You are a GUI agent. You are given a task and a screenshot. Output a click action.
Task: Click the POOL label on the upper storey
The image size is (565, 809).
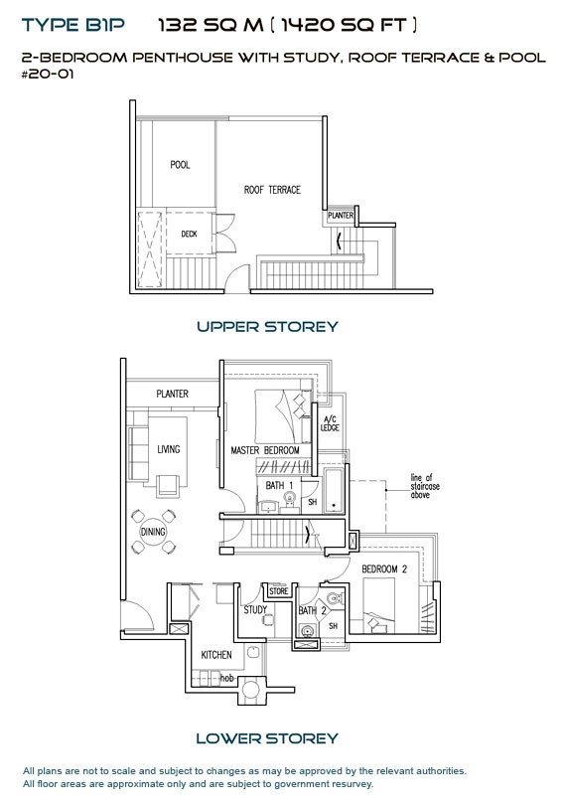coord(180,165)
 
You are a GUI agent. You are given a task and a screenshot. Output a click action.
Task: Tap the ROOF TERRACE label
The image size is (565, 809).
coord(272,190)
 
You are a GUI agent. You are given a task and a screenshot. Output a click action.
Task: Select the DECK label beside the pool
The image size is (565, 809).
coord(189,235)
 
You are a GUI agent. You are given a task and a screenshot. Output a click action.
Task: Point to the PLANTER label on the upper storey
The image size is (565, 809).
coord(340,216)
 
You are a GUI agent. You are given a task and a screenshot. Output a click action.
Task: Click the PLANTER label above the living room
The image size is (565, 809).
coord(172,395)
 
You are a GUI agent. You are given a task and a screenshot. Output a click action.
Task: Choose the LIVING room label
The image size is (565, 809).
coord(169,450)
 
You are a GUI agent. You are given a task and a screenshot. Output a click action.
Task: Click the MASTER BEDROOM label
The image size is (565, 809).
coord(265,451)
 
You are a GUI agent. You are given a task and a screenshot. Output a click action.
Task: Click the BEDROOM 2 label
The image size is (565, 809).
coord(385,568)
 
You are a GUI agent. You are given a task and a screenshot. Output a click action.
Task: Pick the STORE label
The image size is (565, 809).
coord(278,591)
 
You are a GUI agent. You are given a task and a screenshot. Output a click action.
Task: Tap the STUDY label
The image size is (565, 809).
coord(255,609)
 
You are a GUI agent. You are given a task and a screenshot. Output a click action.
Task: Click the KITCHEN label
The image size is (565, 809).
coord(216,655)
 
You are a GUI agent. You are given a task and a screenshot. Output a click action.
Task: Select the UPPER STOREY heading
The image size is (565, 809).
coord(267,326)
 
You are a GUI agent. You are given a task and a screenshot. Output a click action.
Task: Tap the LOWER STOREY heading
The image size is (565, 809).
coord(267,738)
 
